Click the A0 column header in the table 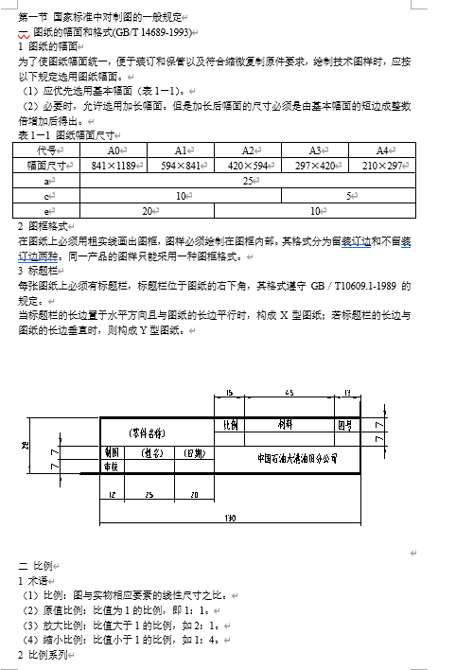click(114, 150)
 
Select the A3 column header click(316, 150)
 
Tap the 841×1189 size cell click(114, 165)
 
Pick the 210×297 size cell click(384, 165)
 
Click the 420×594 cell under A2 click(249, 165)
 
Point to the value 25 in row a click(249, 180)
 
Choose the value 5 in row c click(350, 195)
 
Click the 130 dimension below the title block click(229, 517)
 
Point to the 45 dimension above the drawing click(289, 393)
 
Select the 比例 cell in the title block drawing click(229, 425)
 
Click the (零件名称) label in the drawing click(149, 432)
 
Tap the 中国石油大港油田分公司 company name click(299, 457)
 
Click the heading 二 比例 click(36, 564)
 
